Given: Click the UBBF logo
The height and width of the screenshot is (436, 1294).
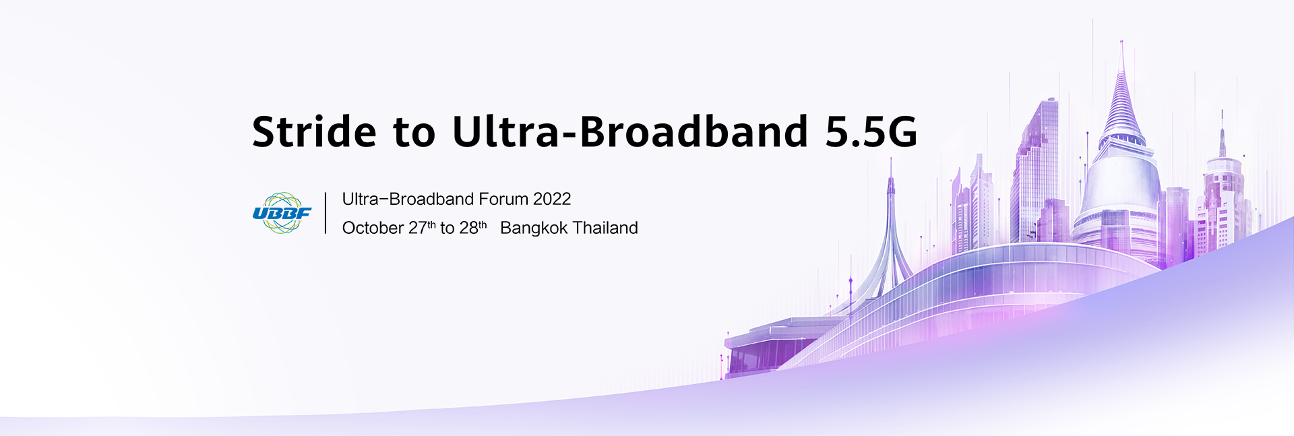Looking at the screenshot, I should point(282,213).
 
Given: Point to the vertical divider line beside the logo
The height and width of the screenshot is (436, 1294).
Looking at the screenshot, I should point(326,213).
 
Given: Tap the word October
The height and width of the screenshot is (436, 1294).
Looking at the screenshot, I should point(373,228).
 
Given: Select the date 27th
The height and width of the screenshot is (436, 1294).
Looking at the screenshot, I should point(421,228).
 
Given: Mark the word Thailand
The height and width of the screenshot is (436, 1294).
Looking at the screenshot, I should point(605,228).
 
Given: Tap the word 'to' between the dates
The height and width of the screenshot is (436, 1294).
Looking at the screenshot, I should point(448,228).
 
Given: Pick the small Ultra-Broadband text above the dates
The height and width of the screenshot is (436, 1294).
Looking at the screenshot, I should point(408,199).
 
